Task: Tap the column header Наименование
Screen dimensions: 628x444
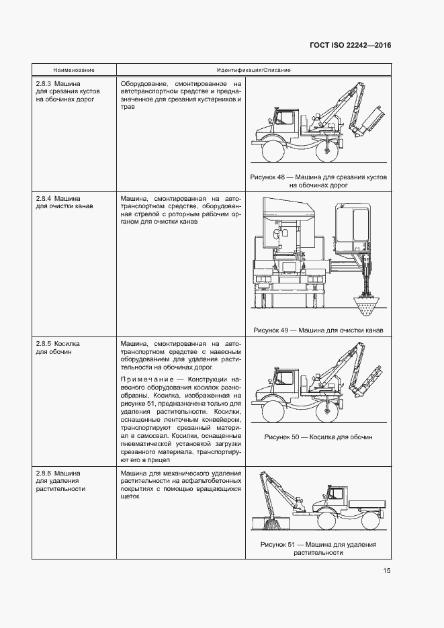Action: [x=74, y=70]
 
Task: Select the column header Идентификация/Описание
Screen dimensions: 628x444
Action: [x=253, y=70]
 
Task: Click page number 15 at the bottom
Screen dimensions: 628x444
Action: [x=387, y=571]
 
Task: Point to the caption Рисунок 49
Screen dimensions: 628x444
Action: [x=318, y=330]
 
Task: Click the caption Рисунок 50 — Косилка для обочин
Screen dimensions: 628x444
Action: [x=318, y=437]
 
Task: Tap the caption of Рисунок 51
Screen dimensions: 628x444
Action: [x=318, y=548]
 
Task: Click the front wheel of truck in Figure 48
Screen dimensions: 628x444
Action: [x=272, y=150]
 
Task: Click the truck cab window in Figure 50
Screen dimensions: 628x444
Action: [x=283, y=379]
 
